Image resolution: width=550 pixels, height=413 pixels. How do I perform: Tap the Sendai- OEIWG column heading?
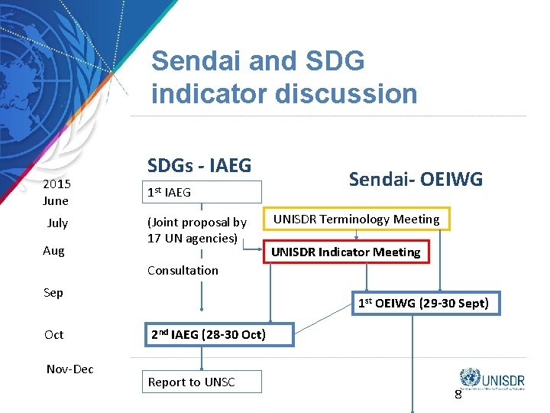pyautogui.click(x=416, y=179)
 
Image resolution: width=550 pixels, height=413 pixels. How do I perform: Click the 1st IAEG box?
pyautogui.click(x=204, y=192)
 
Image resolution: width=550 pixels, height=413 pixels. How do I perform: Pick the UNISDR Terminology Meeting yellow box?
pyautogui.click(x=357, y=220)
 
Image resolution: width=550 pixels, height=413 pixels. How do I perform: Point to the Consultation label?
pyautogui.click(x=183, y=270)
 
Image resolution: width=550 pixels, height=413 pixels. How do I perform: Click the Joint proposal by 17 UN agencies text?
pyautogui.click(x=197, y=229)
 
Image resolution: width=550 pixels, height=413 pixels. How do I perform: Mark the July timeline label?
pyautogui.click(x=57, y=223)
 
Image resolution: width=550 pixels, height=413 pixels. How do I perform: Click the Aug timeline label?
pyautogui.click(x=53, y=251)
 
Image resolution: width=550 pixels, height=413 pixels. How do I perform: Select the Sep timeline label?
pyautogui.click(x=53, y=292)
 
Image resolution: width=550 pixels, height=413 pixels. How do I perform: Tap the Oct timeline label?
pyautogui.click(x=54, y=334)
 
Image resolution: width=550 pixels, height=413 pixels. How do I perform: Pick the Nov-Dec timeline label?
pyautogui.click(x=70, y=369)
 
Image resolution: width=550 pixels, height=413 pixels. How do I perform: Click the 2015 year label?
pyautogui.click(x=57, y=184)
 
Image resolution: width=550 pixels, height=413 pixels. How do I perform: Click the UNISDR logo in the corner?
pyautogui.click(x=493, y=378)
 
